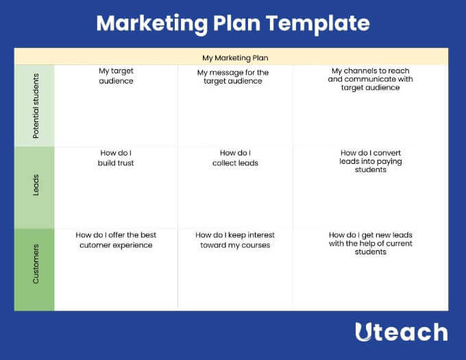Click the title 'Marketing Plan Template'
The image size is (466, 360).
[233, 24]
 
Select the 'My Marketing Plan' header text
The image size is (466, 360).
[235, 58]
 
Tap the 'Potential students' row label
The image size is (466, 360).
[36, 106]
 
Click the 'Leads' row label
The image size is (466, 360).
[36, 185]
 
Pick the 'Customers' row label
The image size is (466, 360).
[36, 264]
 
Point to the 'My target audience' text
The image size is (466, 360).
[116, 76]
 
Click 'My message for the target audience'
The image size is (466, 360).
[233, 77]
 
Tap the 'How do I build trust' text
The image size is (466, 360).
[116, 158]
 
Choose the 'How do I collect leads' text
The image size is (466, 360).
[235, 158]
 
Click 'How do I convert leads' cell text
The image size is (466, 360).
[371, 161]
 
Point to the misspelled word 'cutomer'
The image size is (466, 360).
[95, 245]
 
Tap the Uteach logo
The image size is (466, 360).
[402, 332]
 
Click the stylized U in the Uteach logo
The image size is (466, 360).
[363, 332]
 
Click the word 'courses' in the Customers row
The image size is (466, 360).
[256, 245]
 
